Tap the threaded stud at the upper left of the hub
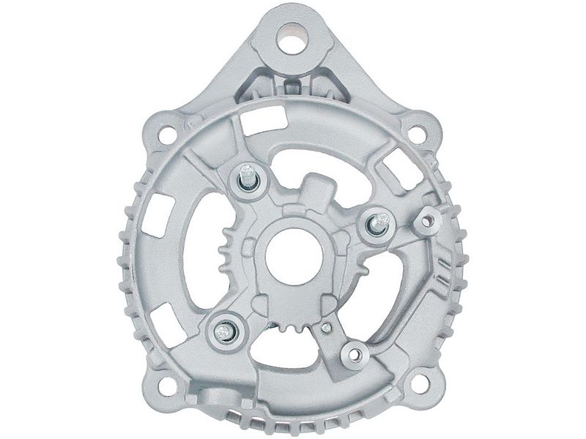pyautogui.click(x=246, y=178)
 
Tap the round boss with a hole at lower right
pyautogui.click(x=357, y=354)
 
